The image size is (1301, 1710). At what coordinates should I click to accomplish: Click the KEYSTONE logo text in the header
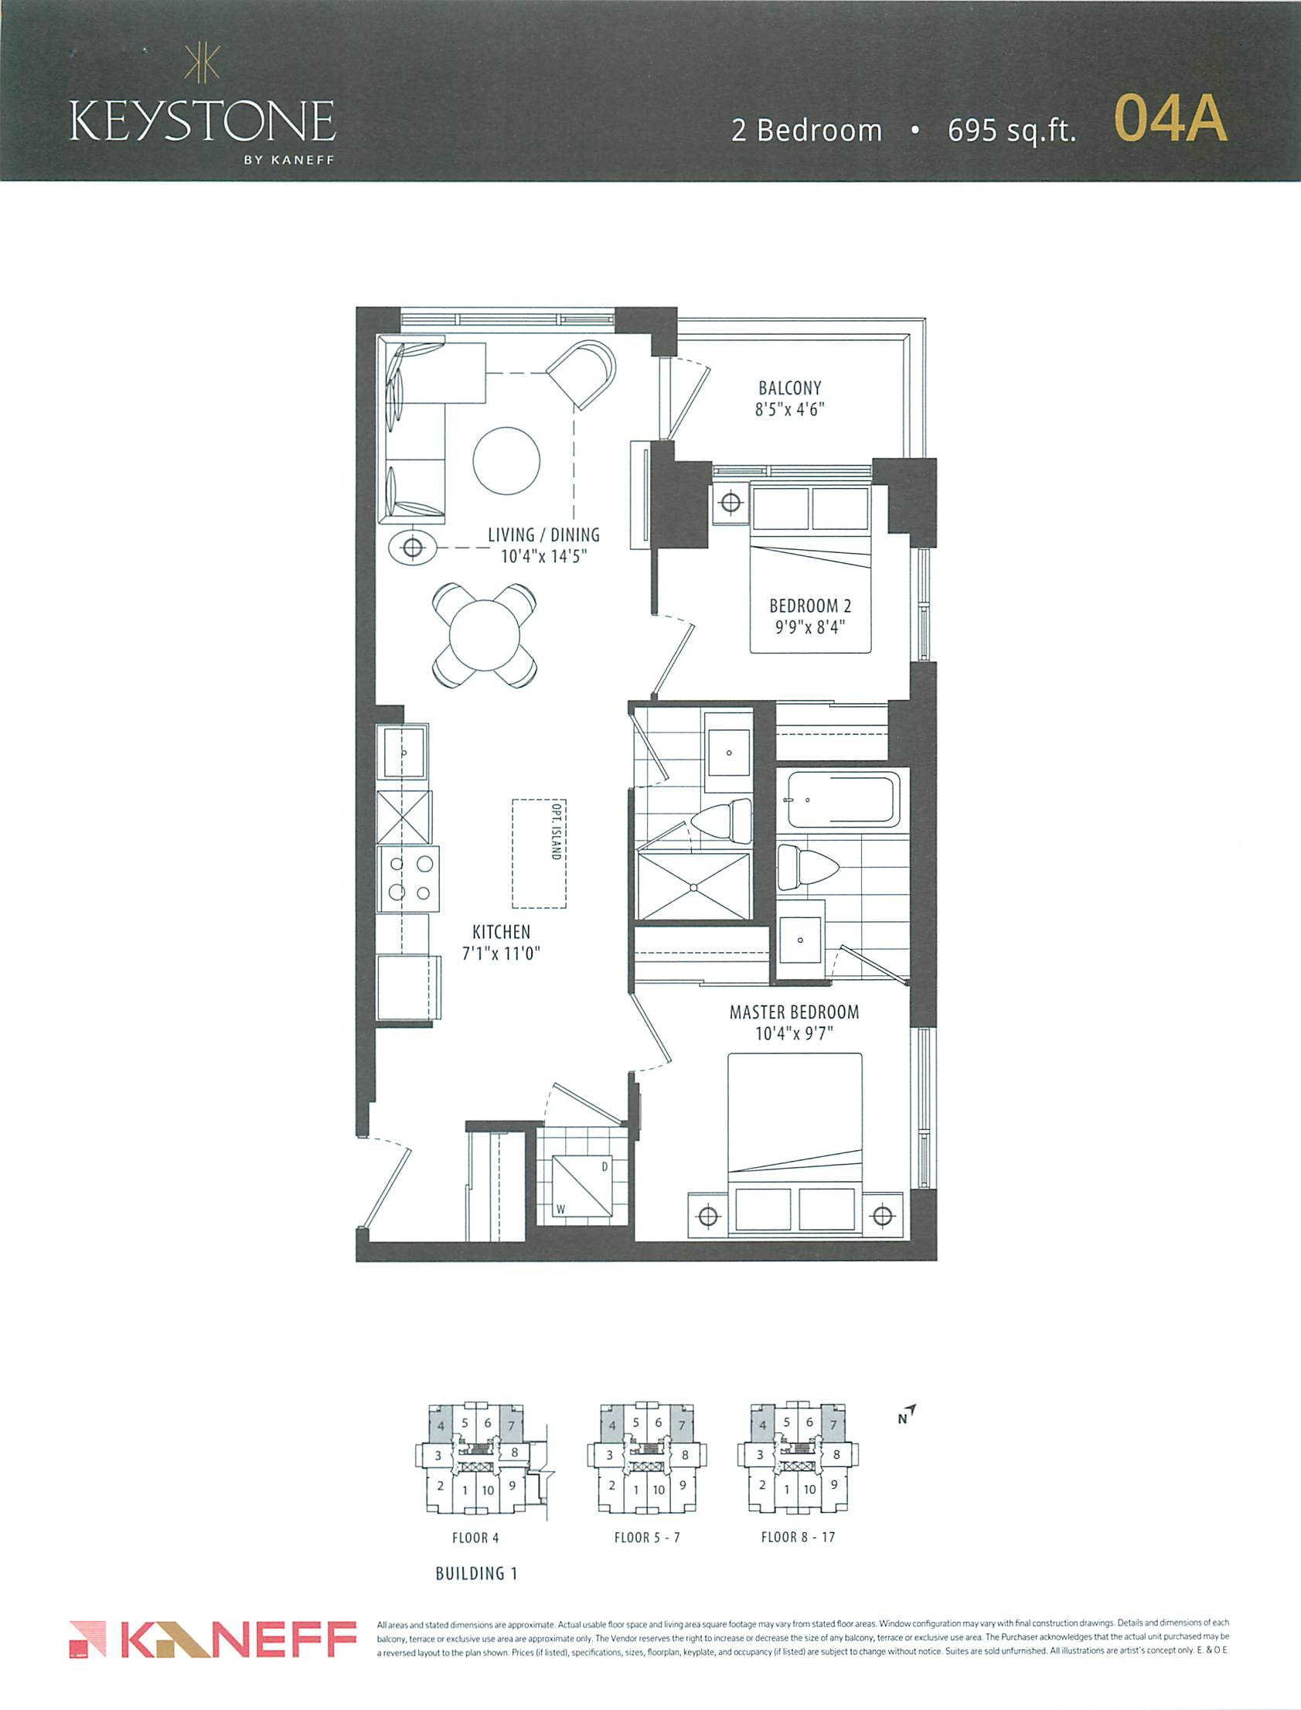point(202,120)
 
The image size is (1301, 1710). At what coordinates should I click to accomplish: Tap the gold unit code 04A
point(1170,118)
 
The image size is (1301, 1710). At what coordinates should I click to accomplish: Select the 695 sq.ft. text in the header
point(1012,130)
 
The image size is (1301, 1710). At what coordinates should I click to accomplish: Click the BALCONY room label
point(790,387)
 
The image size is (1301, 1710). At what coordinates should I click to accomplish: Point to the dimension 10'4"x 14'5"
point(543,556)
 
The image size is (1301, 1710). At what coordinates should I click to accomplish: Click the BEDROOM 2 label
point(810,606)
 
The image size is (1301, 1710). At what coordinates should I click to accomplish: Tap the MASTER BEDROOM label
point(794,1012)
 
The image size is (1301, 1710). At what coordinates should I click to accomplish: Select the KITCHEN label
point(501,932)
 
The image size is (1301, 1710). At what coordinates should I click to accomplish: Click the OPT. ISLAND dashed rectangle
point(539,853)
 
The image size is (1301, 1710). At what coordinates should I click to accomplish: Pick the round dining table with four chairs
point(485,635)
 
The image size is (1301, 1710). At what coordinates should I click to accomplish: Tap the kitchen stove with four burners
point(408,879)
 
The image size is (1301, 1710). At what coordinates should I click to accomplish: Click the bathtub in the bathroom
point(843,799)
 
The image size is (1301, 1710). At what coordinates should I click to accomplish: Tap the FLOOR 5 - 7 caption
point(646,1538)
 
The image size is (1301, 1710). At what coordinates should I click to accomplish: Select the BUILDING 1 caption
point(476,1574)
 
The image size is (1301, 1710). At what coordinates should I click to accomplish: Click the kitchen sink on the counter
point(402,752)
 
